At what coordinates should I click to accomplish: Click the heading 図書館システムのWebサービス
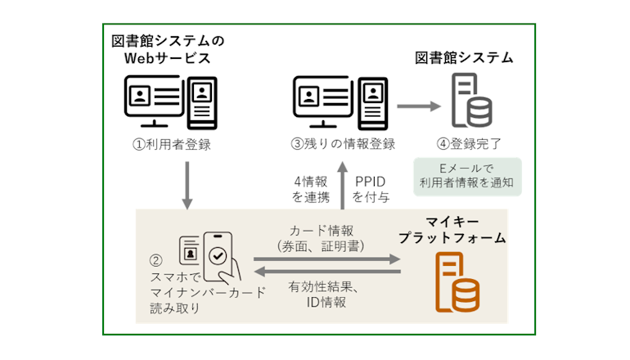coord(167,49)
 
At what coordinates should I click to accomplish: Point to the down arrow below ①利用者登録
coord(187,184)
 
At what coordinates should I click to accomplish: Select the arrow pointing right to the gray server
coord(417,106)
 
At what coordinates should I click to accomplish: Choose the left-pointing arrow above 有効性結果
coord(327,270)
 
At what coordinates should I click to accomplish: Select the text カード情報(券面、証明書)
coord(326,237)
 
